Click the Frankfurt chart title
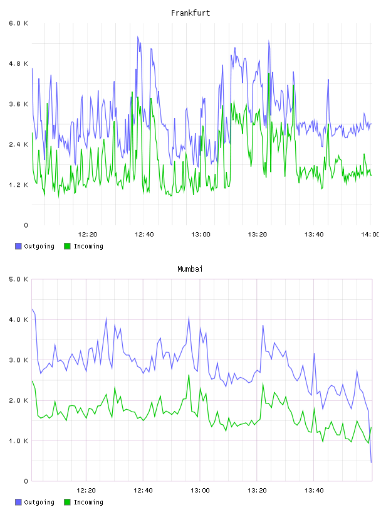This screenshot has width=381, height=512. [x=190, y=13]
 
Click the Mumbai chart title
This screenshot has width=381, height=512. [x=190, y=269]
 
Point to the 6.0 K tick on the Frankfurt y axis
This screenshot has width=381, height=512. [x=18, y=23]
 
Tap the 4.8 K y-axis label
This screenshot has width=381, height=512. [x=18, y=63]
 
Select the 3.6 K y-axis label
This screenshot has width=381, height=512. [x=18, y=104]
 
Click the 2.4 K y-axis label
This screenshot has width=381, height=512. [x=18, y=145]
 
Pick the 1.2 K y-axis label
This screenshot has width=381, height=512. [x=18, y=185]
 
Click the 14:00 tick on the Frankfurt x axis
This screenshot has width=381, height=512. [x=370, y=234]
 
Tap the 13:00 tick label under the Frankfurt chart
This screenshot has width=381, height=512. [x=201, y=234]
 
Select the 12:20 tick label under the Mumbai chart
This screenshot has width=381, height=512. [x=86, y=490]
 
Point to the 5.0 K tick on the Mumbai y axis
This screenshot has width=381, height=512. [x=18, y=279]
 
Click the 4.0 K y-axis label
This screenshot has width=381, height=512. [x=18, y=319]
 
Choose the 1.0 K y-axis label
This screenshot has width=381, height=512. [x=18, y=441]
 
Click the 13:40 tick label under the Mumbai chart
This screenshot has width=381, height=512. [x=314, y=490]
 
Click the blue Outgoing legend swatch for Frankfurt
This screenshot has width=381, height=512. [x=18, y=246]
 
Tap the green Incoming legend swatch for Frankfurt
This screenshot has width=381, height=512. [x=67, y=246]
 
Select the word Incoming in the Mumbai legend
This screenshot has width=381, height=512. [x=88, y=502]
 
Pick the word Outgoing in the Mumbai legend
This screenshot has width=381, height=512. [x=39, y=502]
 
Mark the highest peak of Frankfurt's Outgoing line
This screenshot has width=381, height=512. [x=138, y=36]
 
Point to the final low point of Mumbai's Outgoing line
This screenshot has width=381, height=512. [x=371, y=462]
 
